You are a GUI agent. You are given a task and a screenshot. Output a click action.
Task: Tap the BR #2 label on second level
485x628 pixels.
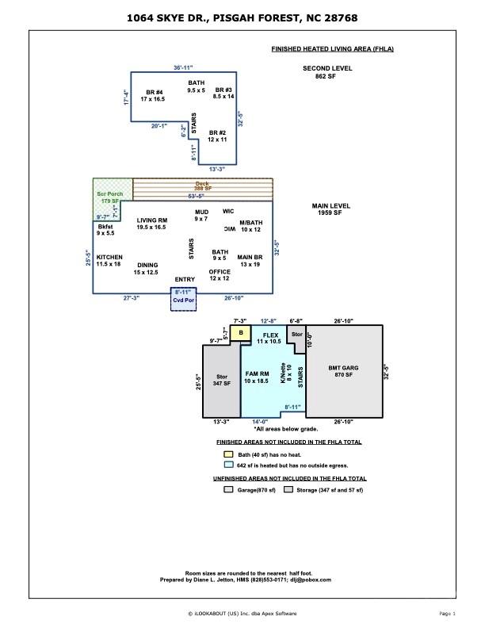click(218, 136)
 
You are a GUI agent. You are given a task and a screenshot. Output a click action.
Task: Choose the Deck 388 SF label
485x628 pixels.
click(203, 186)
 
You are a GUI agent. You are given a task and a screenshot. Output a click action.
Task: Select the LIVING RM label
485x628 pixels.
click(151, 224)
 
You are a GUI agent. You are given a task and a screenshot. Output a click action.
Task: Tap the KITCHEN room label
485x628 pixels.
click(109, 260)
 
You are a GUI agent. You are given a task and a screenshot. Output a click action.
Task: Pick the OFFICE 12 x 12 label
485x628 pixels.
click(220, 274)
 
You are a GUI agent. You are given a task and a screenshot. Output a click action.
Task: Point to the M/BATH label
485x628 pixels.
click(250, 226)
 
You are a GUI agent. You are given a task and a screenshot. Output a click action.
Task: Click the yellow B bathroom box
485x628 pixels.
click(240, 333)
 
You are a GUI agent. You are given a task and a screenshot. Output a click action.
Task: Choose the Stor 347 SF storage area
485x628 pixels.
click(221, 380)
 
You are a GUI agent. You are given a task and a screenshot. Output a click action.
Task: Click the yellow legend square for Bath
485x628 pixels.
click(228, 455)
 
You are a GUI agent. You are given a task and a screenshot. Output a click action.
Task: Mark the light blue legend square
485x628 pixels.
click(228, 465)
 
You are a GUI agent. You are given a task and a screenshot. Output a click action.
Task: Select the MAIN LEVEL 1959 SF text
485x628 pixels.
click(329, 209)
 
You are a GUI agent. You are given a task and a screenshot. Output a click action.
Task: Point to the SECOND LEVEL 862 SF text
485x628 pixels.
click(327, 72)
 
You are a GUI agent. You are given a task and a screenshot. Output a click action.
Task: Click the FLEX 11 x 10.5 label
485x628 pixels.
click(269, 338)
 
